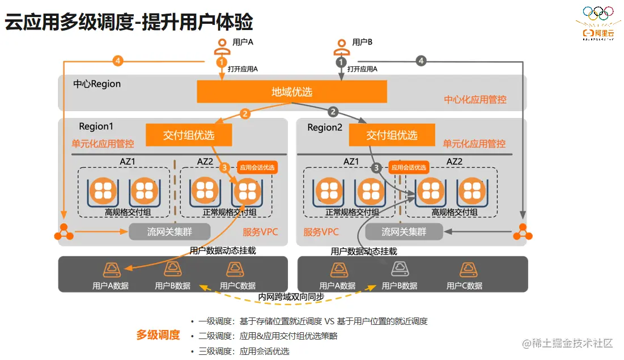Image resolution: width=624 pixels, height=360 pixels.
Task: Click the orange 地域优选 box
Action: coord(292,92)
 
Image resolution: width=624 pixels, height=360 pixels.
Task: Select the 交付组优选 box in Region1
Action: coord(189,135)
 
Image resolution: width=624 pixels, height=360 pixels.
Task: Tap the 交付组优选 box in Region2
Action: coord(392,135)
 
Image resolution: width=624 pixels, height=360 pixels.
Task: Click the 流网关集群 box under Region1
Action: coord(169,231)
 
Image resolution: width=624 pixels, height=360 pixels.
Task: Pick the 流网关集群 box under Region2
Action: coord(404,231)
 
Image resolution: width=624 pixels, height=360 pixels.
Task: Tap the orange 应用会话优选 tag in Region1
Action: coord(257,167)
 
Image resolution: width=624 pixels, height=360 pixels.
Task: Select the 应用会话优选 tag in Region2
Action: coord(409,167)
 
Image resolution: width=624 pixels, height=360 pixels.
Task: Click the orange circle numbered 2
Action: coord(245,113)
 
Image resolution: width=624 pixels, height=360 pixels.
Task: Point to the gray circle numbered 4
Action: coord(421,61)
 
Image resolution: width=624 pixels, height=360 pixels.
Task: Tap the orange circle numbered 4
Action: coord(118,60)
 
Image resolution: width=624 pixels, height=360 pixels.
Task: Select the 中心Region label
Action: coord(97,84)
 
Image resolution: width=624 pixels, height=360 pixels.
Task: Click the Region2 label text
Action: coord(325,128)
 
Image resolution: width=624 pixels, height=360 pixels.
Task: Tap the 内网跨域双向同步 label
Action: coord(291,297)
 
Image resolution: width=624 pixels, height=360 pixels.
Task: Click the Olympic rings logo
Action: coord(598,12)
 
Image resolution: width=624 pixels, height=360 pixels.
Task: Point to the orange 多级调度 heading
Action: coord(158,335)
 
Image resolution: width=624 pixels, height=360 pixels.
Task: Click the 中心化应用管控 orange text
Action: coord(475,100)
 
